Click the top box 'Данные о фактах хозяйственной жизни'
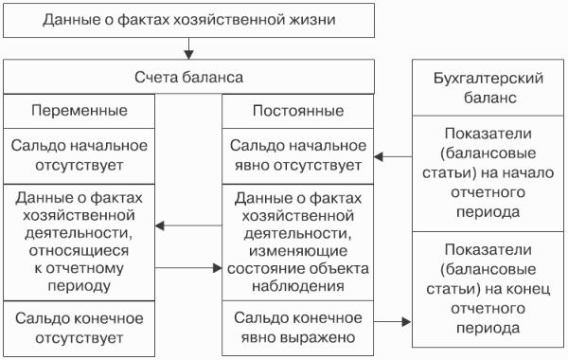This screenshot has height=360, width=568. (x=188, y=20)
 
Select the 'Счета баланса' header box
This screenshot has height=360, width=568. (x=188, y=77)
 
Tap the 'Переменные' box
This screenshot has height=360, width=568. (x=79, y=111)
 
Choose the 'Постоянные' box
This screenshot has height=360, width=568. (x=298, y=111)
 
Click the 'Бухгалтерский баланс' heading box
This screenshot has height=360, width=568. (x=488, y=88)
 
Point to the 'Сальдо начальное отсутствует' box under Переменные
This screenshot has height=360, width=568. (x=79, y=156)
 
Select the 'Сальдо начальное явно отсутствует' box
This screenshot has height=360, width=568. (x=298, y=156)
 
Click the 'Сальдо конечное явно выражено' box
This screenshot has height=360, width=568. (x=298, y=328)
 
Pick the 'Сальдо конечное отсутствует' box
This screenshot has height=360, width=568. (x=79, y=329)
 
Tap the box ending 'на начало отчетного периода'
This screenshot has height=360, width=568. (x=488, y=173)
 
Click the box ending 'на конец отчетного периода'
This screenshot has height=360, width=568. (x=488, y=289)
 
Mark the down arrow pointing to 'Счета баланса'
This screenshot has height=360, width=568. (x=188, y=48)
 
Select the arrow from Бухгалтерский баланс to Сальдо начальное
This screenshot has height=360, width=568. (x=393, y=157)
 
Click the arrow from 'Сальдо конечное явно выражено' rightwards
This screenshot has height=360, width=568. (x=393, y=321)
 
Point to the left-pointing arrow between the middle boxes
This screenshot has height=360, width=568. (x=188, y=225)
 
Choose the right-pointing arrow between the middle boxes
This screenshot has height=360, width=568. (x=188, y=268)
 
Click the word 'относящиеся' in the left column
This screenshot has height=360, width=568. (x=79, y=251)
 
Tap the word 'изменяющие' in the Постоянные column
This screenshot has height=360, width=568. (x=298, y=251)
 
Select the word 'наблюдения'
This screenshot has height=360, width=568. (x=298, y=286)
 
